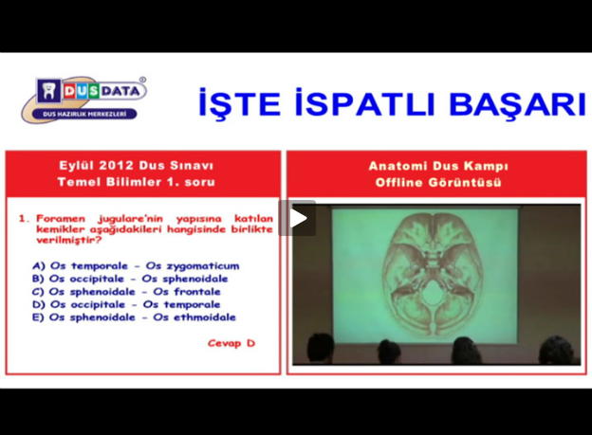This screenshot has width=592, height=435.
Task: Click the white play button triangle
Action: pos(298,218)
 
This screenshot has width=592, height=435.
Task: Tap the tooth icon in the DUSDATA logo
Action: pos(49,91)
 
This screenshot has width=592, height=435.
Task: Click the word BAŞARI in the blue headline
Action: pos(518,103)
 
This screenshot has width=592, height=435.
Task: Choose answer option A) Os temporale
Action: pos(80,266)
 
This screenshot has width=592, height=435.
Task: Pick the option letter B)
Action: pos(38,279)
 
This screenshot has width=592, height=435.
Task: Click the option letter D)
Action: pos(39,304)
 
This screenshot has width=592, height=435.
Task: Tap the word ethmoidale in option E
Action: pos(205,317)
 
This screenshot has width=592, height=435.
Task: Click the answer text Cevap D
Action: pos(231,343)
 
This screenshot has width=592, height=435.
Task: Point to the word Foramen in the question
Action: pos(61,219)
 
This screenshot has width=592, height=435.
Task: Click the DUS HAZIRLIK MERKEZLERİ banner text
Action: pos(84,114)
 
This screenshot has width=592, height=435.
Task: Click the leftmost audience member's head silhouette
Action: pos(320,348)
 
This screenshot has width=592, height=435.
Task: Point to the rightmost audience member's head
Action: pos(557,350)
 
